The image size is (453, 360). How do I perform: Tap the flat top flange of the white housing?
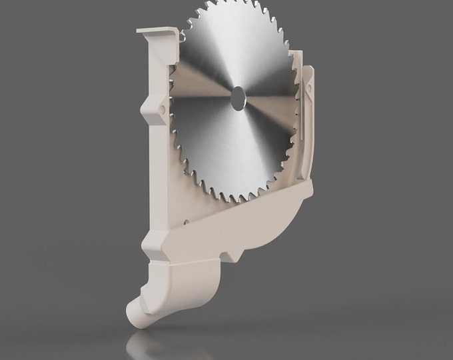(156, 32)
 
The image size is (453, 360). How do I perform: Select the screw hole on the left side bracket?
(162, 107)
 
